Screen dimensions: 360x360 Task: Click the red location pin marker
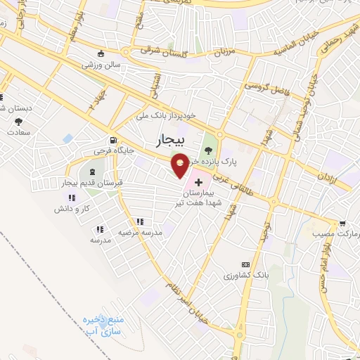coord(181,165)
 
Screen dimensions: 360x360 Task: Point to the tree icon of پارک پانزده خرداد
coord(207,148)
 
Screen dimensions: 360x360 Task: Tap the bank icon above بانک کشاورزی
coord(245,263)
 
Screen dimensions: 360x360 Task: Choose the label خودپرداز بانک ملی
coord(173,112)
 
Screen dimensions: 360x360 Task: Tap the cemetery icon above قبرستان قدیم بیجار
coord(94,172)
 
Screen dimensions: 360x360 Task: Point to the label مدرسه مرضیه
coord(140,231)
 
